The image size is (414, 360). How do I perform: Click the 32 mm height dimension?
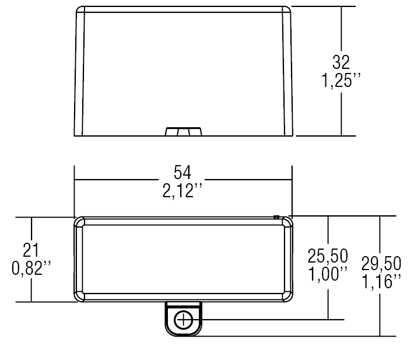(x=341, y=62)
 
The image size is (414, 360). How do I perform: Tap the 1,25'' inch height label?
(x=341, y=80)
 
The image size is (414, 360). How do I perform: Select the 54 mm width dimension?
(x=182, y=172)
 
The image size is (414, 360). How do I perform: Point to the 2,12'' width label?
(x=182, y=191)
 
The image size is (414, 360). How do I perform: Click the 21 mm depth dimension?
(x=31, y=250)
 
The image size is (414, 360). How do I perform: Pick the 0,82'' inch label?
(x=31, y=268)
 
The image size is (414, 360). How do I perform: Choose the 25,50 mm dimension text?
(x=328, y=256)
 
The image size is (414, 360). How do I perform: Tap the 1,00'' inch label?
(x=328, y=274)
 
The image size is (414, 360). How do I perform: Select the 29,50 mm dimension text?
(x=381, y=263)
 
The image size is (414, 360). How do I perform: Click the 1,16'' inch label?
(x=381, y=282)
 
